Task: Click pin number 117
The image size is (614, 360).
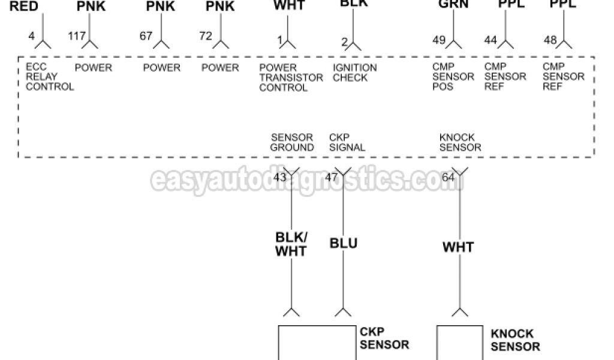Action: [x=77, y=36]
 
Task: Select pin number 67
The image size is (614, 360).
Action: [x=146, y=36]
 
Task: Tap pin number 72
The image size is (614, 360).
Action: [x=206, y=36]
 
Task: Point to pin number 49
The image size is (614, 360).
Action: [x=439, y=40]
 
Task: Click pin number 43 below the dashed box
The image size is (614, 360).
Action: [x=279, y=178]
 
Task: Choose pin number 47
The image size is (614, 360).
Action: [x=331, y=178]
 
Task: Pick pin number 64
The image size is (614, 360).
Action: [x=448, y=178]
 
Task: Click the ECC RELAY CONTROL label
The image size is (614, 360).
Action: [x=49, y=77]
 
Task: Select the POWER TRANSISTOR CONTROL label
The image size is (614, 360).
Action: [x=283, y=77]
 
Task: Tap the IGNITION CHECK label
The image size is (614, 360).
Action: [x=354, y=73]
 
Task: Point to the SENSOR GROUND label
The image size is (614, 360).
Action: [x=292, y=142]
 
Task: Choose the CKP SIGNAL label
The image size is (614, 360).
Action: [x=347, y=142]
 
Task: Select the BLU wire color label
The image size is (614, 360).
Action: [x=344, y=243]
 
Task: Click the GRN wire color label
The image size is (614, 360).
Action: [x=453, y=5]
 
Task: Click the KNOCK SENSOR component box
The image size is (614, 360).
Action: [x=459, y=343]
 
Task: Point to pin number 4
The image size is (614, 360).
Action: [x=31, y=36]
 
